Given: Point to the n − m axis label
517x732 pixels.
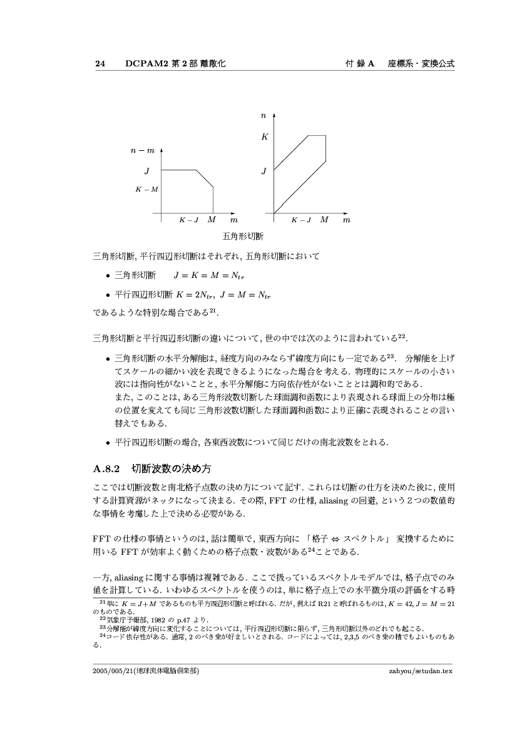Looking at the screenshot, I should (x=142, y=150).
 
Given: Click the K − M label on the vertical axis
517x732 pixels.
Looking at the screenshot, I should (x=146, y=188).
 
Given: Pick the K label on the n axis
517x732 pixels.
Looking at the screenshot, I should (x=264, y=136).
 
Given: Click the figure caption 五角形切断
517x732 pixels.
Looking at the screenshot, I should (x=243, y=236).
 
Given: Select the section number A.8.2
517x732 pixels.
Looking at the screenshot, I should (x=106, y=468).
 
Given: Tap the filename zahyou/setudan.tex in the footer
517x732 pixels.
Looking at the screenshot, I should (x=421, y=671).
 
